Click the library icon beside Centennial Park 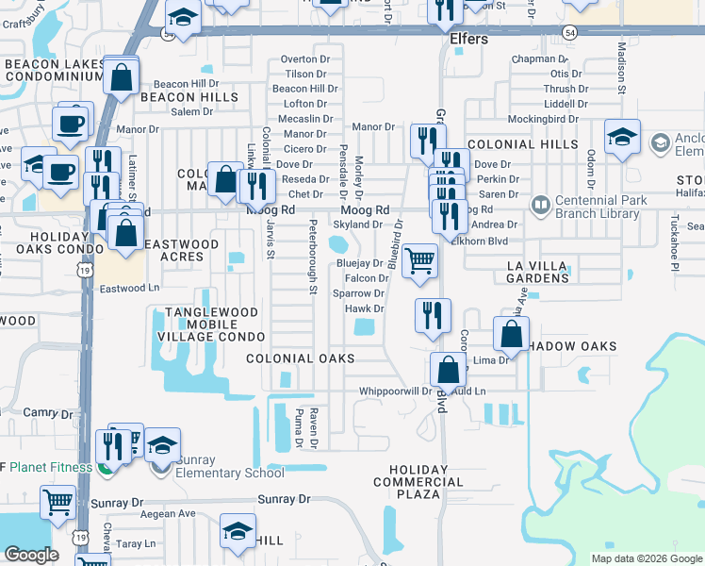click(x=540, y=203)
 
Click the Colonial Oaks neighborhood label click(x=300, y=358)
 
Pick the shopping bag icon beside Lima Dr click(x=510, y=334)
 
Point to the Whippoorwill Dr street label click(x=394, y=391)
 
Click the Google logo click(x=32, y=555)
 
